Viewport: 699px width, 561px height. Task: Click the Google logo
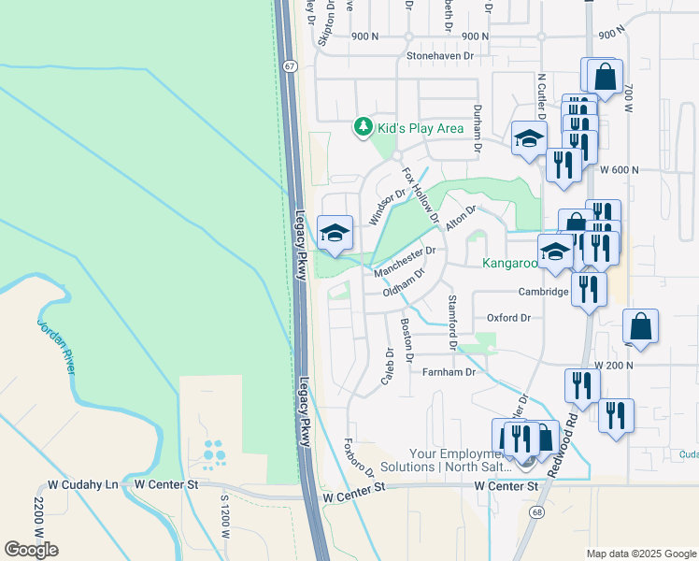click(x=31, y=549)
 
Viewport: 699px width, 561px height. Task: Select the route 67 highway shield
click(x=291, y=66)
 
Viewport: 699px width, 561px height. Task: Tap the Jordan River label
click(x=56, y=345)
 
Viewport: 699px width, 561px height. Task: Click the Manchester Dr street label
click(x=405, y=261)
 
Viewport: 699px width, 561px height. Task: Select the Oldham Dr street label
click(x=404, y=283)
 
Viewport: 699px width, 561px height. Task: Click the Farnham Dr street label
click(x=449, y=372)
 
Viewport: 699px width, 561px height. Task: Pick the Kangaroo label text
click(x=509, y=264)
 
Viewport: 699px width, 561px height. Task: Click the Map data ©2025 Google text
click(x=640, y=554)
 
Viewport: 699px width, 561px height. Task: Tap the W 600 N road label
click(x=620, y=170)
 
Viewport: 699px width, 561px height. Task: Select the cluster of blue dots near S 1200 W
click(x=214, y=454)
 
